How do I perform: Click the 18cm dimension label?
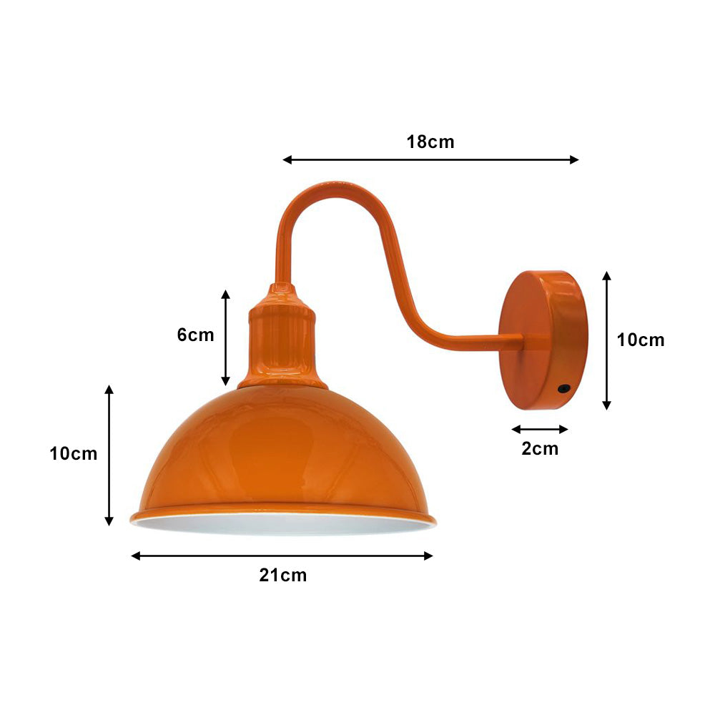430,142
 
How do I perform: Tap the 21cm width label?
283,575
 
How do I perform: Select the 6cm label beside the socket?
195,335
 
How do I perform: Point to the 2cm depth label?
540,449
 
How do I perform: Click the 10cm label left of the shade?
74,453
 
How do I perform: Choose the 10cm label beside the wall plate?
641,340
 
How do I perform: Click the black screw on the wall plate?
564,390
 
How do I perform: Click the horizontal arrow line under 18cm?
430,159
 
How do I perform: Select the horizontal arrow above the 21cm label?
282,556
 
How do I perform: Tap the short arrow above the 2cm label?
540,429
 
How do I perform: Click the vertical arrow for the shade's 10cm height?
109,455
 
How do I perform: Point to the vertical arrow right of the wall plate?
606,340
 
